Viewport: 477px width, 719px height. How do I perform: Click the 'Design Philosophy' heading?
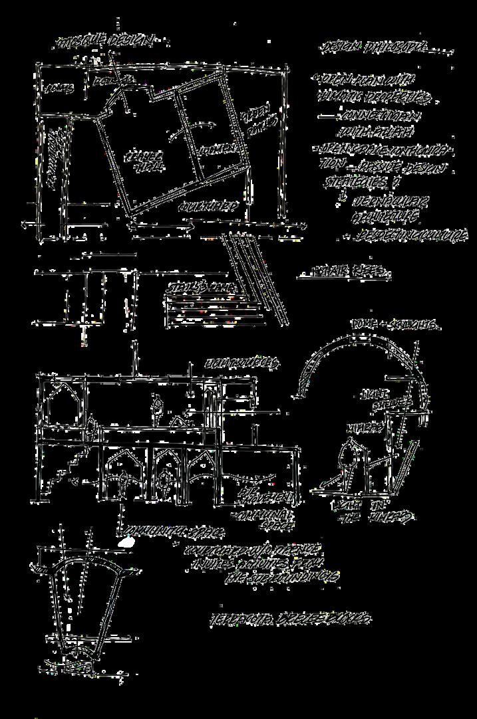point(385,49)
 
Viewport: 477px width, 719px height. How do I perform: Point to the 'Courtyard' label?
point(208,207)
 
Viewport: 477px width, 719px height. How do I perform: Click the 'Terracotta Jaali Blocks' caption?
point(290,618)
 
